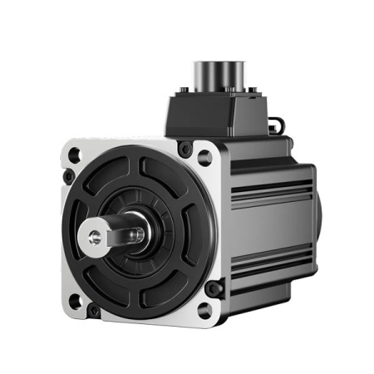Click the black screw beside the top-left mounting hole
pos(67,176)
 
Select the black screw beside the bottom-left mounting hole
pos(94,312)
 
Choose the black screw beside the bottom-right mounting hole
pos(214,289)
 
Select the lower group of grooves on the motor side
pos(270,258)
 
